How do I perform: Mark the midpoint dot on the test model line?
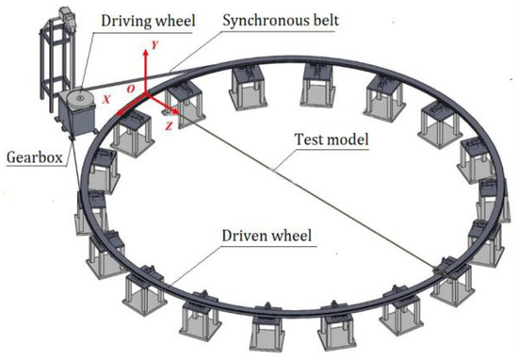pyautogui.click(x=273, y=170)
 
